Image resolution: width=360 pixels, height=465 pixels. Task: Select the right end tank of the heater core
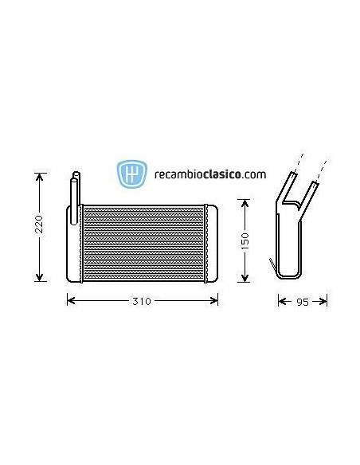click(x=212, y=242)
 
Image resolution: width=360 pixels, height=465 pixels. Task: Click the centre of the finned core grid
click(x=143, y=242)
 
